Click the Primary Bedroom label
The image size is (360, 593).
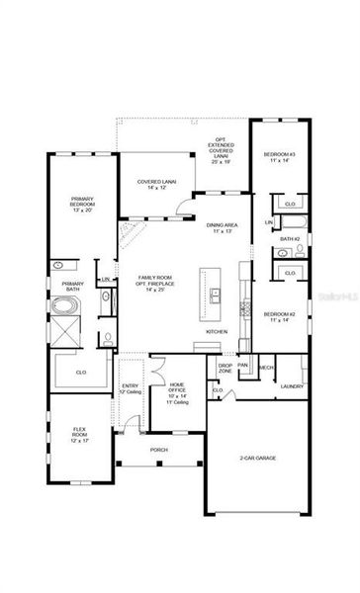pos(81,205)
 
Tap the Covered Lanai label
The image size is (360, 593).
pos(155,184)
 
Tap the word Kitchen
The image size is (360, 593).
pos(218,331)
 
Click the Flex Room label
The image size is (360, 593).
pos(81,433)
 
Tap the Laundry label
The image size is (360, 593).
pos(292,385)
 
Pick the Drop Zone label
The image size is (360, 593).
pos(225,368)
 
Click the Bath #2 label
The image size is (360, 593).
pos(290,238)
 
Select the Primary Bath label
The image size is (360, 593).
pos(72,286)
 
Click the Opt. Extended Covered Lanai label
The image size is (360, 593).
pos(222,151)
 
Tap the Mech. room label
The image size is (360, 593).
pos(265,367)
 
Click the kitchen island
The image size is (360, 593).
pos(213,294)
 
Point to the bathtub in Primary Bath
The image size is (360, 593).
pos(66,307)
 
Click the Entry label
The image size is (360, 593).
pos(130,388)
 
